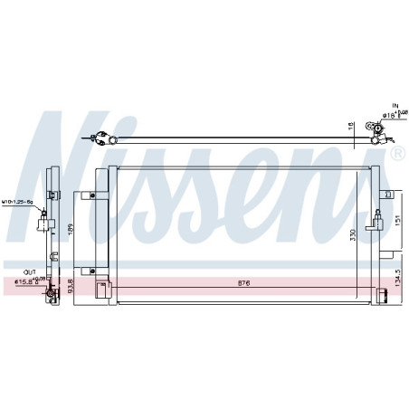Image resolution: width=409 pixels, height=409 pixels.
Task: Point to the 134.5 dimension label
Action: (396, 279)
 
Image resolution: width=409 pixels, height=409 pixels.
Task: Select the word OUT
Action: (30, 271)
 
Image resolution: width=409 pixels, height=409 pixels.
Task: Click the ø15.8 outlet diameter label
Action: (27, 281)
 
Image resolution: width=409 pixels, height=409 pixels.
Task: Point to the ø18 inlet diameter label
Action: (386, 115)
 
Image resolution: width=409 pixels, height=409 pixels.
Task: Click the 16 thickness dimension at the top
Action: (348, 127)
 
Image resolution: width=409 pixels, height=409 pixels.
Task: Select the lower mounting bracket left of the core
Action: (89, 269)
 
